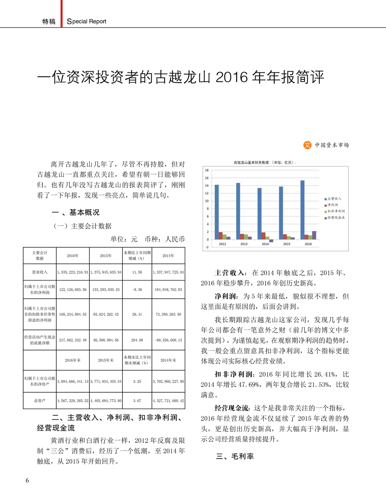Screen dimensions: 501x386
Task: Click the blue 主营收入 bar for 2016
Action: point(303,210)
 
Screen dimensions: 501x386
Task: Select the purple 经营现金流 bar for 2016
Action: point(314,235)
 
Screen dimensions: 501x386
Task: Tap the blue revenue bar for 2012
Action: point(217,212)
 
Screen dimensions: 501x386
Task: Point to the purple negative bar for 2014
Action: point(271,240)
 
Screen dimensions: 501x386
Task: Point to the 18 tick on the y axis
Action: point(207,170)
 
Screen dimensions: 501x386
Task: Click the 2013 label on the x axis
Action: point(244,244)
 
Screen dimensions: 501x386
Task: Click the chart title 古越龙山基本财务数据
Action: point(251,163)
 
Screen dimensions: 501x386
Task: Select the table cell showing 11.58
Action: point(137,272)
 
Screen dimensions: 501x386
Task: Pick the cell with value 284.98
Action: point(137,340)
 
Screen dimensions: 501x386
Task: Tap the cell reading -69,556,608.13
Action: point(168,340)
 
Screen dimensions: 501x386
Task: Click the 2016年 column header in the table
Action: point(73,256)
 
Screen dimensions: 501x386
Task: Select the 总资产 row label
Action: point(40,400)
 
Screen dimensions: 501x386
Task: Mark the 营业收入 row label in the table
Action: point(40,272)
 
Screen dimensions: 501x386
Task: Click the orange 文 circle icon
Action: point(307,145)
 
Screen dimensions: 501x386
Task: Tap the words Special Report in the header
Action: point(86,22)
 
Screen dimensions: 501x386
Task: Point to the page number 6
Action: point(27,480)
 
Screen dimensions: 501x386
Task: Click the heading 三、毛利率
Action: point(235,456)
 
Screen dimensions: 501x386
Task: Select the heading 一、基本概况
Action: point(76,212)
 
